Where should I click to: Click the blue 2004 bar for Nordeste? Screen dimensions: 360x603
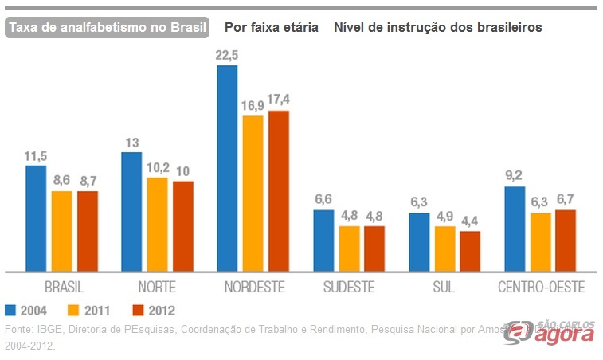[x=227, y=168]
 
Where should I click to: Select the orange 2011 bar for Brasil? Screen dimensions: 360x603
[x=61, y=231]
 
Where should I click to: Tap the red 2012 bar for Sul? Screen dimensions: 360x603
[x=470, y=251]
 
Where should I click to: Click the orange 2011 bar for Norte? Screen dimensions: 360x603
[x=158, y=224]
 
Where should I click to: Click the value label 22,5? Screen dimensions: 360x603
[x=227, y=55]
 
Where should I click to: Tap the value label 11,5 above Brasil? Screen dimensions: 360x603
[x=36, y=155]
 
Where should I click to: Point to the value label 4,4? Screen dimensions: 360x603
[x=470, y=221]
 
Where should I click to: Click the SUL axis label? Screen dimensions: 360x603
[x=444, y=287]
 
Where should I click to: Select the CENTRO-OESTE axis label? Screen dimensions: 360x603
[x=541, y=287]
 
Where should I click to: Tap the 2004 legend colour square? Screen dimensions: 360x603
[x=10, y=311]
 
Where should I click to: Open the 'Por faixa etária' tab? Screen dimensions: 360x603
[x=271, y=27]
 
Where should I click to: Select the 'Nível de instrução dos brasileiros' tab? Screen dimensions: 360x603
[x=438, y=27]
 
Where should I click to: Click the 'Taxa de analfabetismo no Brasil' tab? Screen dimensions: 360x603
[x=107, y=27]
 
